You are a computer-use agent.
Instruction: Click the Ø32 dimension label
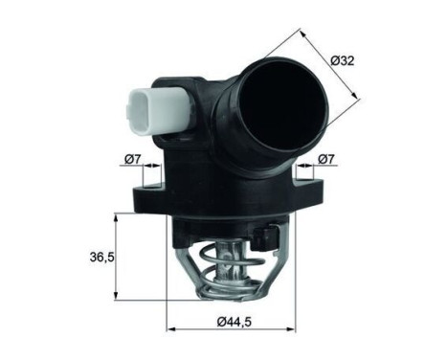pos(343,60)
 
